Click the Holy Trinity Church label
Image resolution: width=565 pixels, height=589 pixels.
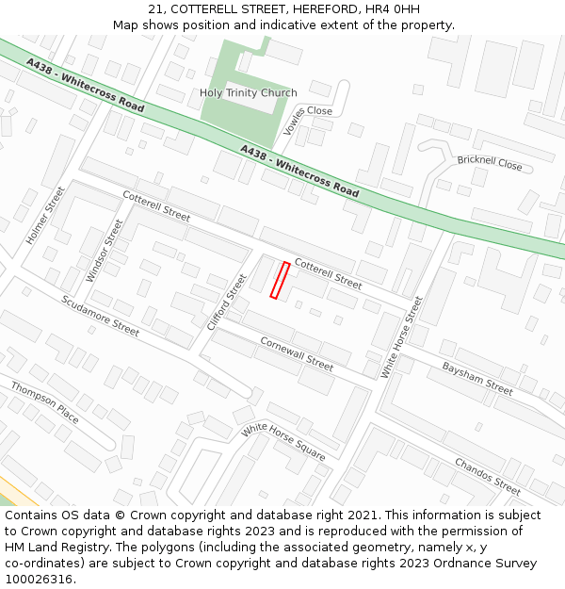tap(248, 92)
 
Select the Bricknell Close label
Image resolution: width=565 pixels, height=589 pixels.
tap(489, 162)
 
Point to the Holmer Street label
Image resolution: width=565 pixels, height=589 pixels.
tap(45, 216)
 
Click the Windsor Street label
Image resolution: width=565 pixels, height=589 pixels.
tap(104, 251)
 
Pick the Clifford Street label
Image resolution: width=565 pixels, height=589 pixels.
tap(225, 302)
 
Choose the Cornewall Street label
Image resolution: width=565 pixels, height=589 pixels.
tap(297, 353)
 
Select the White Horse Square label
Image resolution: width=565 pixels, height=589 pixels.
tap(282, 442)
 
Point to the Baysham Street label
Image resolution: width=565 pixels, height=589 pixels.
tap(477, 379)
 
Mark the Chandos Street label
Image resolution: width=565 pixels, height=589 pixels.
tap(487, 477)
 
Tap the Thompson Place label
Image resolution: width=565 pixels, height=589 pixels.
tap(44, 401)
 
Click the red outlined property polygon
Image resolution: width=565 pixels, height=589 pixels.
tap(280, 281)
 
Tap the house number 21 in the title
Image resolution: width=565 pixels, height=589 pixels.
tap(154, 9)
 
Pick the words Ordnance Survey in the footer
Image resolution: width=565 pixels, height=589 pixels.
tap(487, 563)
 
